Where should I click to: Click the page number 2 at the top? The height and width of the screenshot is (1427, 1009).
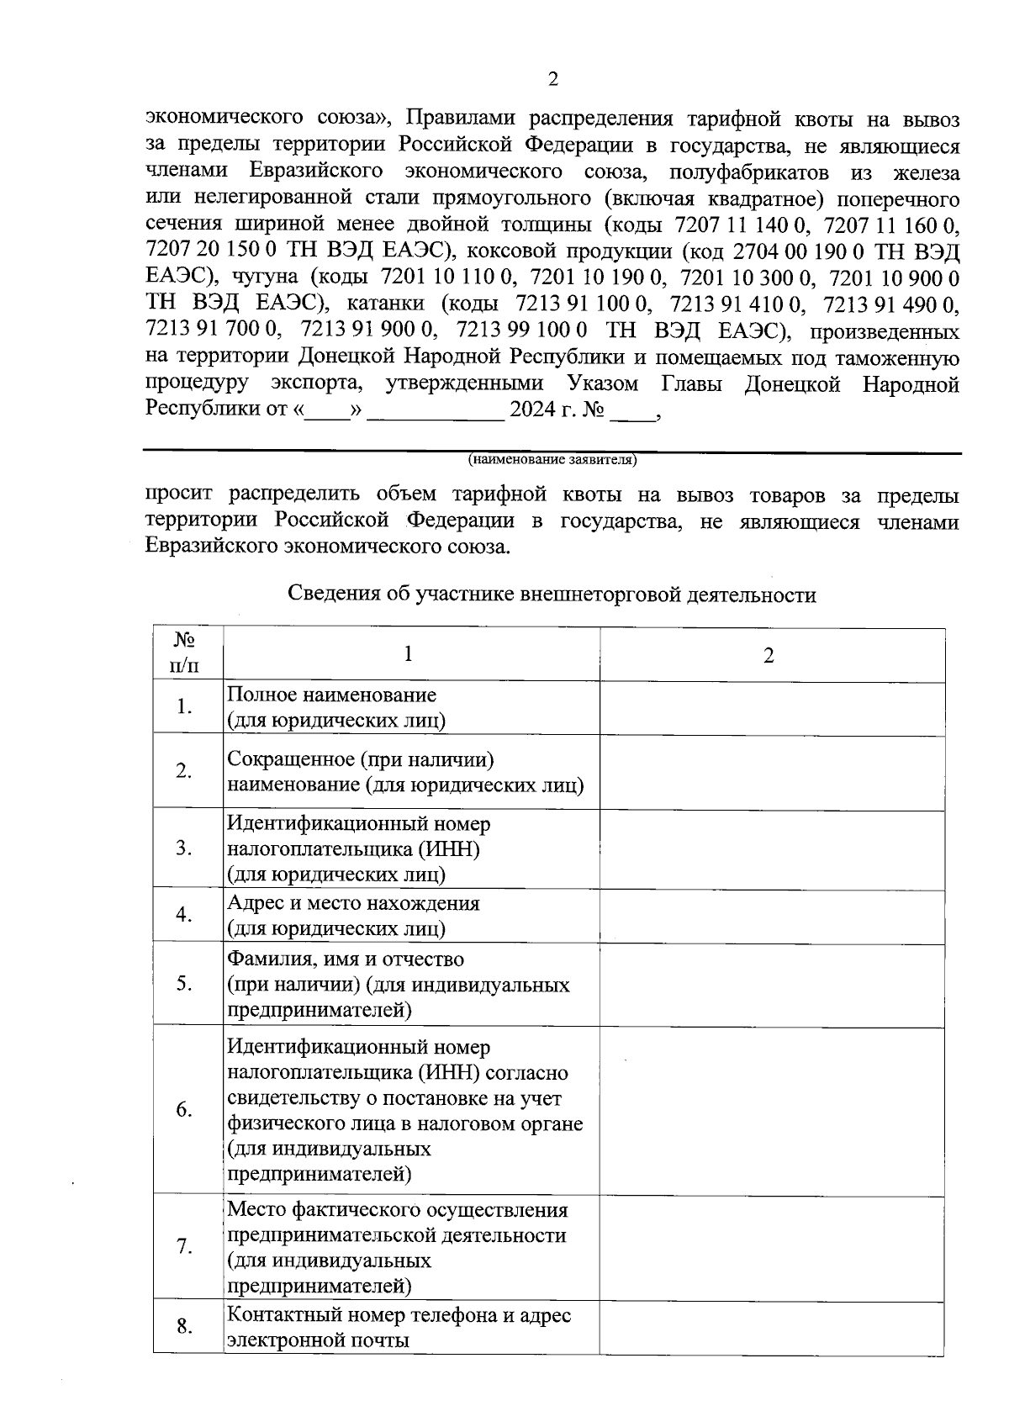(552, 80)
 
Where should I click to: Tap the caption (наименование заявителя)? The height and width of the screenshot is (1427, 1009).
(552, 460)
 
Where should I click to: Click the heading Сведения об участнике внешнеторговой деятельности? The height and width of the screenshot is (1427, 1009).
(552, 595)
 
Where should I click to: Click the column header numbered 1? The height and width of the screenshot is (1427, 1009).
(409, 654)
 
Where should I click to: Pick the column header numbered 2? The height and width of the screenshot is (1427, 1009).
(768, 655)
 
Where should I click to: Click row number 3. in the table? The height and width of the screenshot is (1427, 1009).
(185, 848)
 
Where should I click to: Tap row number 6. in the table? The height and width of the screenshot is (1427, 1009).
(185, 1109)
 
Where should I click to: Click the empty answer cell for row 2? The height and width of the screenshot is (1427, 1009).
(772, 771)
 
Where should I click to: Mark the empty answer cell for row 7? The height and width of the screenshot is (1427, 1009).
(772, 1246)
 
